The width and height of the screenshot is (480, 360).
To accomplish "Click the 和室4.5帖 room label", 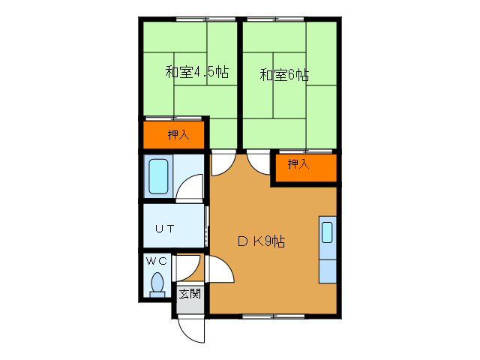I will pyautogui.click(x=196, y=73).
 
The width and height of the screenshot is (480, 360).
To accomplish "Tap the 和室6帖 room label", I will pyautogui.click(x=284, y=74).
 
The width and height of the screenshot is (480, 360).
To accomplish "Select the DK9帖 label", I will pyautogui.click(x=261, y=241).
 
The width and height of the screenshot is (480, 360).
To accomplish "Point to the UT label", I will pyautogui.click(x=166, y=229).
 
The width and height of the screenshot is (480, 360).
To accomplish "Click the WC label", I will pyautogui.click(x=157, y=261).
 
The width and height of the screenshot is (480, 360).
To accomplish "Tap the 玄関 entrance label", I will pyautogui.click(x=189, y=293).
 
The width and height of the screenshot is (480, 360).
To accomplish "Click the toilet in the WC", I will pyautogui.click(x=157, y=284).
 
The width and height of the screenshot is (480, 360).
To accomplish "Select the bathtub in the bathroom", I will pyautogui.click(x=158, y=177).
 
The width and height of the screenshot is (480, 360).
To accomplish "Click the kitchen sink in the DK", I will pyautogui.click(x=327, y=232).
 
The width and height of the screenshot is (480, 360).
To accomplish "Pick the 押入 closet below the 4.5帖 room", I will pyautogui.click(x=176, y=135).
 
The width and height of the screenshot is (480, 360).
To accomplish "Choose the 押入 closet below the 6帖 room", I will pyautogui.click(x=299, y=164).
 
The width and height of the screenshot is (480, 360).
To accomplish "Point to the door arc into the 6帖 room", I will pyautogui.click(x=258, y=161).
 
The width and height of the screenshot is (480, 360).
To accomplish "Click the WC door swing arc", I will pyautogui.click(x=189, y=267).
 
